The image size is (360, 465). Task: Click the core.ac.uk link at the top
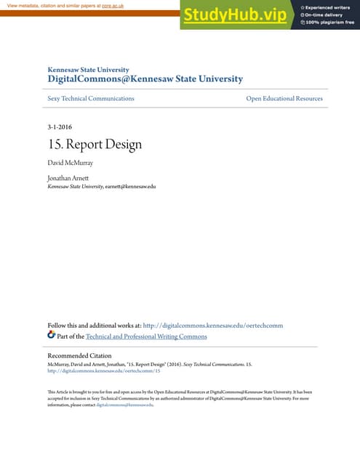112,5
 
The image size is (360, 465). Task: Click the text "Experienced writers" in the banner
328,7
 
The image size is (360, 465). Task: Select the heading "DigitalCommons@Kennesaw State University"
145,78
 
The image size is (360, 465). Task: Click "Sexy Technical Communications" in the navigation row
91,98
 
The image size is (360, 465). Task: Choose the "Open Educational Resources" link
284,98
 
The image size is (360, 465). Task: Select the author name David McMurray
71,163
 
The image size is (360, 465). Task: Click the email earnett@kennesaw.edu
131,186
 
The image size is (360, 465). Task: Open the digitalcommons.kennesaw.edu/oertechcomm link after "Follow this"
212,325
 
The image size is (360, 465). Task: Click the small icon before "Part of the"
51,335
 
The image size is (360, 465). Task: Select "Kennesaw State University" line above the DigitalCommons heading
88,69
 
